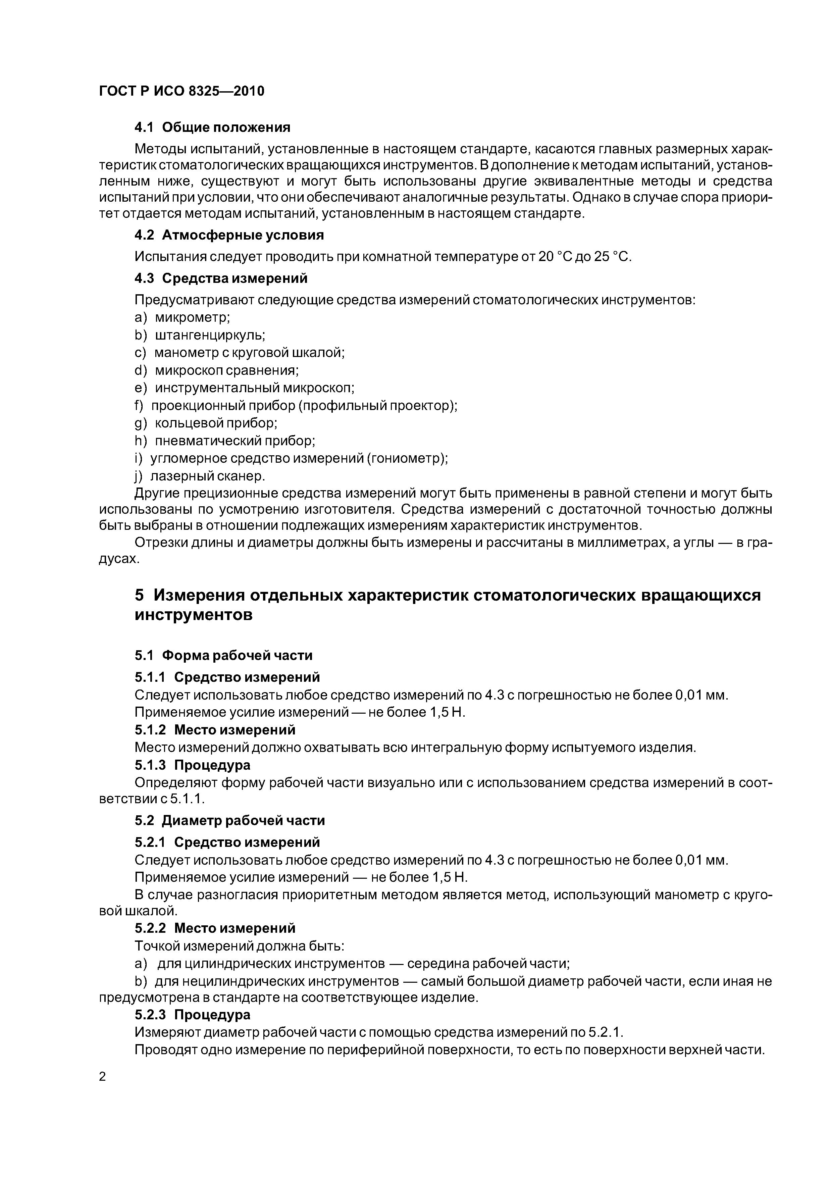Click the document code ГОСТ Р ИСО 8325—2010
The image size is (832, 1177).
pos(181,91)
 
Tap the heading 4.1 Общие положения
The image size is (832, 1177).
pos(212,127)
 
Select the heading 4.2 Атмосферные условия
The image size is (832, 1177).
pos(229,235)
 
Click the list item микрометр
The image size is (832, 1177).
pos(192,318)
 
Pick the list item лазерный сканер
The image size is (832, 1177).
pos(208,476)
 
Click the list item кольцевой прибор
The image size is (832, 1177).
pos(216,423)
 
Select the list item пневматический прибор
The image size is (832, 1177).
pos(235,441)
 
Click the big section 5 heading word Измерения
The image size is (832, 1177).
pos(198,595)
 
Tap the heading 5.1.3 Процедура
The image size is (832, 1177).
pos(193,765)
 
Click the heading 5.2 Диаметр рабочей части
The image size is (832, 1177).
pos(230,821)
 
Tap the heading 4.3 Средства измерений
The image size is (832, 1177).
pos(221,278)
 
